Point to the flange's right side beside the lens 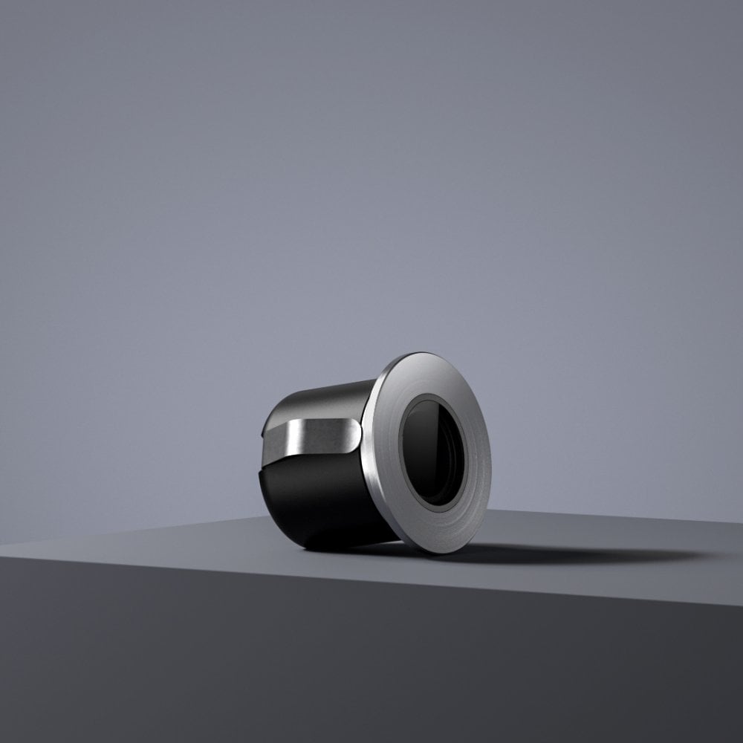coord(479,461)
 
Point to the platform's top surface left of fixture coord(149,539)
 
